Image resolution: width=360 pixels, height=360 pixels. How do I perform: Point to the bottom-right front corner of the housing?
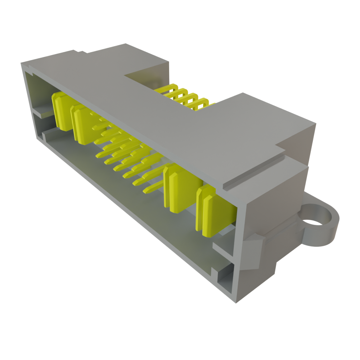pos(236,301)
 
